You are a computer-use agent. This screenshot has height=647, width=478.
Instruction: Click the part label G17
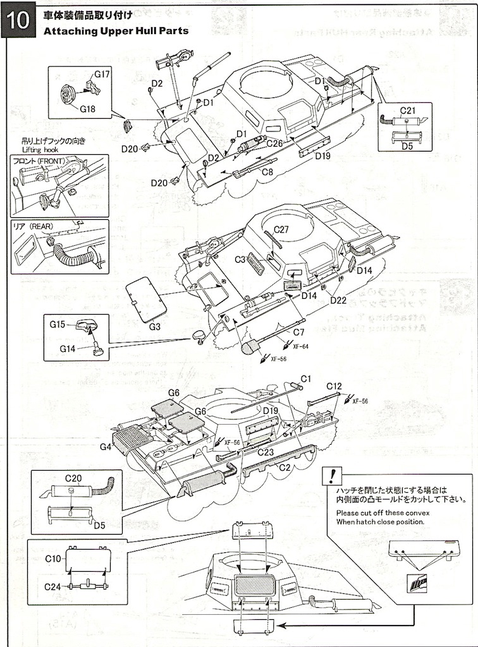tap(102, 75)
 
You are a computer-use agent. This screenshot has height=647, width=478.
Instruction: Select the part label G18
tap(88, 109)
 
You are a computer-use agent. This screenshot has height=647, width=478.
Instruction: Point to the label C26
tap(274, 143)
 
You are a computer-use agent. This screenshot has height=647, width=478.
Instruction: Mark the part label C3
tap(240, 260)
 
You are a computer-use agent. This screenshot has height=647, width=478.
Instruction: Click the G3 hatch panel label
tap(155, 327)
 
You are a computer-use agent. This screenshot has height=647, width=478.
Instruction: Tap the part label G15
tap(58, 324)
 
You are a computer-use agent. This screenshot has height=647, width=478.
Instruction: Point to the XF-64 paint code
tap(300, 346)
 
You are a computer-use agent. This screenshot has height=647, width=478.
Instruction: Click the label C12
tap(334, 386)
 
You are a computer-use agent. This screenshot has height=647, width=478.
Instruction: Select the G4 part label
tap(106, 447)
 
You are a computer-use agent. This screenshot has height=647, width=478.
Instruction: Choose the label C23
tap(266, 452)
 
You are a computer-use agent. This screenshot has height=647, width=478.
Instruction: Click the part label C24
tap(53, 586)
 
